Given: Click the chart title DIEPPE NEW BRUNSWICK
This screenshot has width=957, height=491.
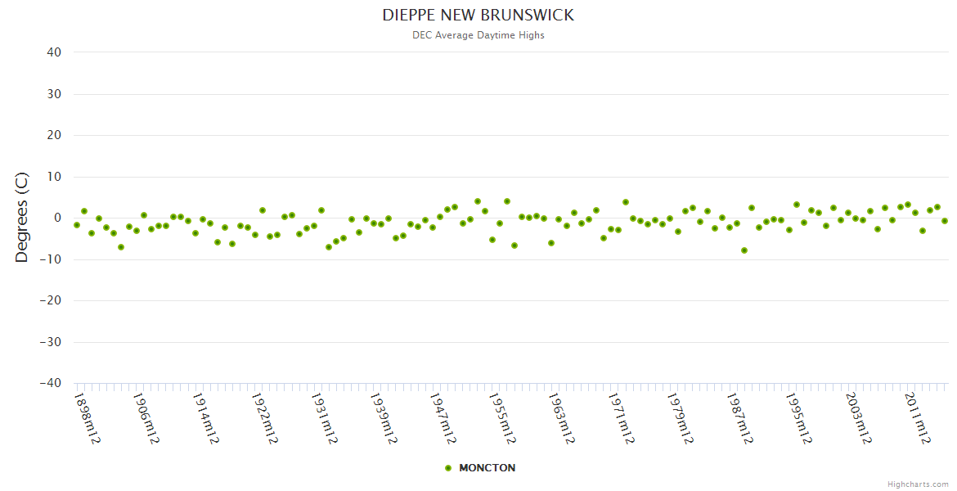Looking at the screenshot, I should pyautogui.click(x=478, y=16).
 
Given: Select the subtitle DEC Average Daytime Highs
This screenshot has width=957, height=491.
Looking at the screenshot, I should pyautogui.click(x=478, y=35).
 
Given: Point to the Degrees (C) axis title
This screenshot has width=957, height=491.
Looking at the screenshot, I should pyautogui.click(x=22, y=218).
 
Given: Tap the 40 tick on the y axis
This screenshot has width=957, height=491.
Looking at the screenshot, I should pyautogui.click(x=54, y=52).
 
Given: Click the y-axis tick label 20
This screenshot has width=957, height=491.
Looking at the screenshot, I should pyautogui.click(x=54, y=135).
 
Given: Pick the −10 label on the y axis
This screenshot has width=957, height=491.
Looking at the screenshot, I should pyautogui.click(x=51, y=259).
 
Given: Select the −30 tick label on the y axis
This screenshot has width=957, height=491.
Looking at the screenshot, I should pyautogui.click(x=51, y=342).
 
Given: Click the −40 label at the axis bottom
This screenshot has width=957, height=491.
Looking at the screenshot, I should pyautogui.click(x=51, y=383).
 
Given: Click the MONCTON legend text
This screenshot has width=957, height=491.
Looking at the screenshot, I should pyautogui.click(x=487, y=468).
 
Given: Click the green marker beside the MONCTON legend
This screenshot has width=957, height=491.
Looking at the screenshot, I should pyautogui.click(x=447, y=468).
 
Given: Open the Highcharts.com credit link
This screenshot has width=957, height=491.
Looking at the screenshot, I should pyautogui.click(x=918, y=484).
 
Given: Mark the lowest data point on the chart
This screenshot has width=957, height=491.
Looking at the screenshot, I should pyautogui.click(x=744, y=250).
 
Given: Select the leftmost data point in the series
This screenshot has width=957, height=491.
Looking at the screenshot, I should pyautogui.click(x=77, y=225).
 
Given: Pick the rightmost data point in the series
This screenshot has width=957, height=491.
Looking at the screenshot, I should pyautogui.click(x=945, y=221).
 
